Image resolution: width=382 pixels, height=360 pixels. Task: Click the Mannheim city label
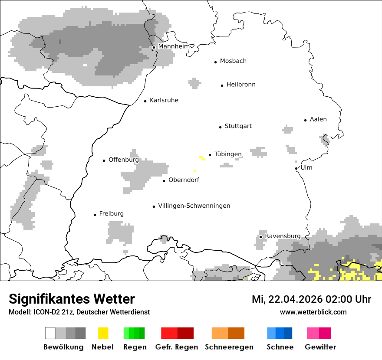[174, 46]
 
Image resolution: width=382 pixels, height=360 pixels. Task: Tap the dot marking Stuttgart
[220, 127]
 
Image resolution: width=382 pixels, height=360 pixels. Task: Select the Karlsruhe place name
[164, 100]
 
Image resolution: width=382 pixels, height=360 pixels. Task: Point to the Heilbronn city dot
[222, 85]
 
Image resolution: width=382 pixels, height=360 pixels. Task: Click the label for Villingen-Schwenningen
[194, 206]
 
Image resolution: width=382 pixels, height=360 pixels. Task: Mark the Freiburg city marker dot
[95, 215]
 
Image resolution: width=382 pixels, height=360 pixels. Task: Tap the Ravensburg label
[283, 236]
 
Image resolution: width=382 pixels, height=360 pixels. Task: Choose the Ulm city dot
[296, 168]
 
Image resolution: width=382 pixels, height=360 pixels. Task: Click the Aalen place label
[318, 119]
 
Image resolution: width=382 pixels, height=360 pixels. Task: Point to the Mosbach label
[233, 61]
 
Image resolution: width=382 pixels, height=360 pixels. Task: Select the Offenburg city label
[124, 160]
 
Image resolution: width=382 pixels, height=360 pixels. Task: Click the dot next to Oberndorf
[164, 181]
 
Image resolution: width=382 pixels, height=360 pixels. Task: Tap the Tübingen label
[228, 154]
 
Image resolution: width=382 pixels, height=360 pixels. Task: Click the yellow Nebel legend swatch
[103, 333]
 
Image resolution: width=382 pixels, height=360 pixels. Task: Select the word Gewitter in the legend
[320, 347]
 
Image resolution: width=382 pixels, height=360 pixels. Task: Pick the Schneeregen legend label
[229, 347]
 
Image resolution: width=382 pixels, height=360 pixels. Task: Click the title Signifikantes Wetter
[72, 299]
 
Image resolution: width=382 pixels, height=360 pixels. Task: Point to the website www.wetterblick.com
[313, 312]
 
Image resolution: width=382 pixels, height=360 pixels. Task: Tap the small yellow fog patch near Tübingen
[202, 158]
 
